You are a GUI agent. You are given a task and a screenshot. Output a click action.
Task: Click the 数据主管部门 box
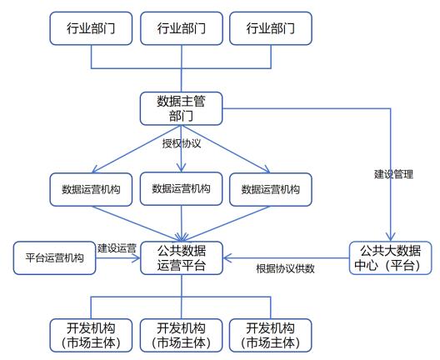click(x=182, y=108)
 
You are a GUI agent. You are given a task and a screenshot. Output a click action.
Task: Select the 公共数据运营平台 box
click(x=182, y=257)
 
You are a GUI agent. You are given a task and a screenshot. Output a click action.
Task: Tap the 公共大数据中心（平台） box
click(x=390, y=257)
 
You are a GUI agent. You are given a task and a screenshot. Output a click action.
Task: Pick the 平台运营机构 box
click(x=54, y=257)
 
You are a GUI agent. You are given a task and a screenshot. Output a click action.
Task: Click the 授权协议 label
click(x=182, y=143)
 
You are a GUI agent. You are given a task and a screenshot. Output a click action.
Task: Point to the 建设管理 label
click(x=393, y=174)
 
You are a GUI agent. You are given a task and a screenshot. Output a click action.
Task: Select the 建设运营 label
click(x=117, y=248)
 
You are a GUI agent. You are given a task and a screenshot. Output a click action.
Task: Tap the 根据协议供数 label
click(x=285, y=269)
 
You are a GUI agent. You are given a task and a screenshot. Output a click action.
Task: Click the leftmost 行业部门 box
click(x=91, y=28)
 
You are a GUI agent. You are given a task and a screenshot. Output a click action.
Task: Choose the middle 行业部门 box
click(x=182, y=28)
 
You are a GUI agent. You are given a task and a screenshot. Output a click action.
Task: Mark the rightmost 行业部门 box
click(x=271, y=28)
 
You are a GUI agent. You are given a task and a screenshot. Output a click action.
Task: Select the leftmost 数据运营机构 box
click(x=91, y=189)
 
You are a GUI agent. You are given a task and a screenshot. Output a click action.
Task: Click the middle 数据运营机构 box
click(x=182, y=188)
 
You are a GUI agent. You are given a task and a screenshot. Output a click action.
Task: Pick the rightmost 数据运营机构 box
click(x=271, y=189)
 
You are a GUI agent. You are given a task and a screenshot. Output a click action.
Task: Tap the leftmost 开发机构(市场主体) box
click(x=91, y=335)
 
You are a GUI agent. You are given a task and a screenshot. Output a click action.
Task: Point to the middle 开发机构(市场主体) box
click(x=182, y=335)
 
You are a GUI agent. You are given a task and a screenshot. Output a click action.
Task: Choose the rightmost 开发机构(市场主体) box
click(x=271, y=335)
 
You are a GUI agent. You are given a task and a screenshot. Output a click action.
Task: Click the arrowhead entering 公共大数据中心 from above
click(x=391, y=237)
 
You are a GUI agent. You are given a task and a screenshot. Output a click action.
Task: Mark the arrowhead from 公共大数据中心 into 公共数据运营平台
click(x=227, y=257)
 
